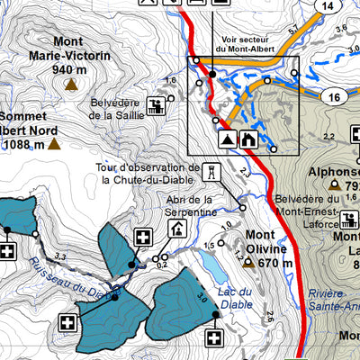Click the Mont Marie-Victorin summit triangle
tap(70, 85)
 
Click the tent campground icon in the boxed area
tap(227, 139)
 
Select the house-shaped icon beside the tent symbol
tap(248, 139)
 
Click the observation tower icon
tap(211, 171)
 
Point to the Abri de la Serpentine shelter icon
tap(175, 229)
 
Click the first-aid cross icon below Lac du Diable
tap(214, 338)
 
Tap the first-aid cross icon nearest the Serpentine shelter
tap(142, 238)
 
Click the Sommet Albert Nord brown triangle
tap(54, 143)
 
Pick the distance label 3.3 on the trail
tap(61, 257)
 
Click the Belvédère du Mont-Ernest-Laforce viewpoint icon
tap(348, 219)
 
